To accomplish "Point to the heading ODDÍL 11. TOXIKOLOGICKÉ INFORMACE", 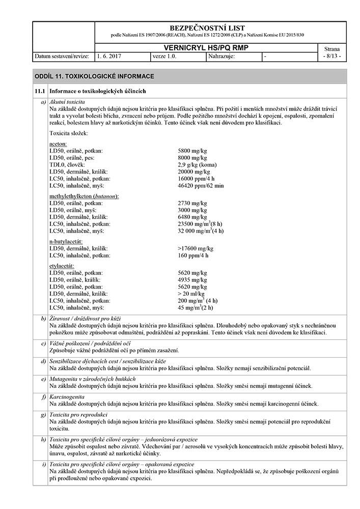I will point(94,76).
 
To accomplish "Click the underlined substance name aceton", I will point(58,145).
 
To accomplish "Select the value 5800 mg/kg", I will point(192,151).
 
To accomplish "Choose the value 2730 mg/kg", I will point(192,203).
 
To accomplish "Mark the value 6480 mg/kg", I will point(192,217).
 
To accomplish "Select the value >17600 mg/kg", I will point(195,248).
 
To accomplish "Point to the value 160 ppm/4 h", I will point(193,255).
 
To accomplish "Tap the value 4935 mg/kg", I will point(192,279).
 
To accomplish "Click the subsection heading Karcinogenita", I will point(67,397).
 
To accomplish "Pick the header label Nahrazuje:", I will point(221,56).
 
